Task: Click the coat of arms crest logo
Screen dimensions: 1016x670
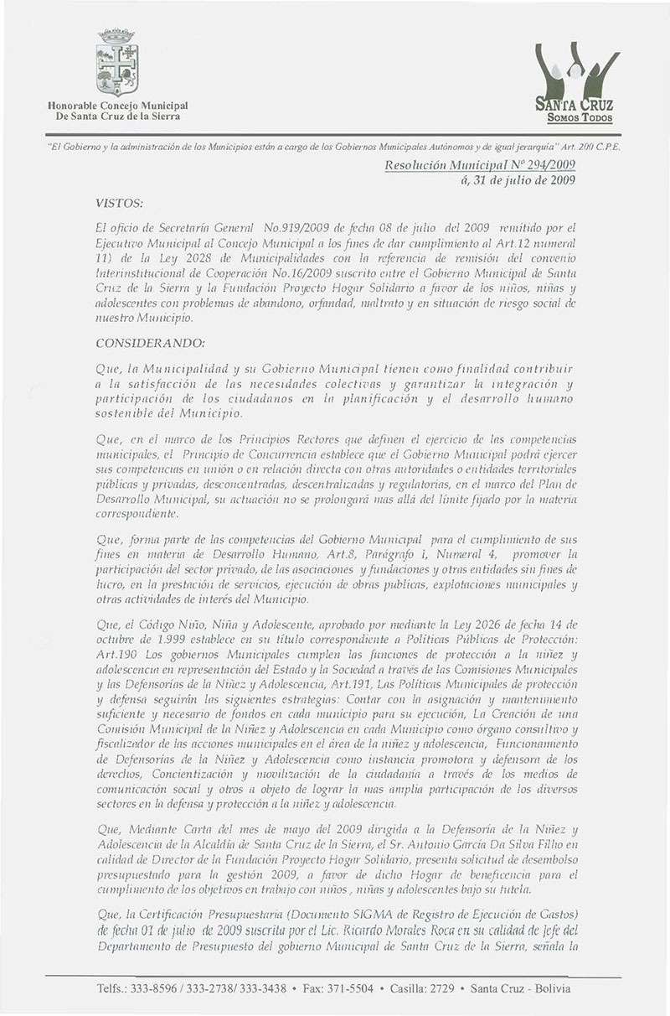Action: [x=117, y=65]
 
